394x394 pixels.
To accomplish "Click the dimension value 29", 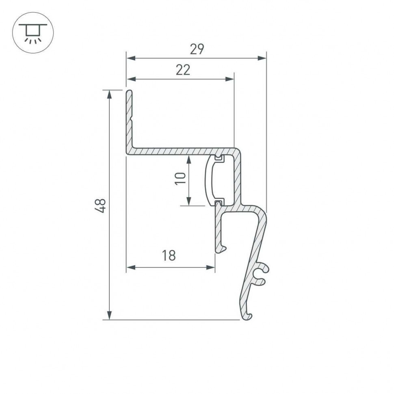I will pyautogui.click(x=197, y=49).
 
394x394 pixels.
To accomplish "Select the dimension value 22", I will pyautogui.click(x=183, y=70).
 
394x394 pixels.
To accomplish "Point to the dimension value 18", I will pyautogui.click(x=169, y=256).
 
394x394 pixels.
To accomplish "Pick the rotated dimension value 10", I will pyautogui.click(x=180, y=178).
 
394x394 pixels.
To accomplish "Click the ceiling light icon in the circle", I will pyautogui.click(x=33, y=32).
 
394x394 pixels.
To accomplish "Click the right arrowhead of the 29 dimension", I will pyautogui.click(x=262, y=58).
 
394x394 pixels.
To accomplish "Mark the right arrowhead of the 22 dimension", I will pyautogui.click(x=230, y=80).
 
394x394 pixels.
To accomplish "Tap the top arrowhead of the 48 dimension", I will pyautogui.click(x=109, y=94).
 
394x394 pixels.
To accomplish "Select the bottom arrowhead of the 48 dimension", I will pyautogui.click(x=109, y=315).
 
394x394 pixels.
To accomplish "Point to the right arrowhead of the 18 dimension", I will pyautogui.click(x=210, y=267).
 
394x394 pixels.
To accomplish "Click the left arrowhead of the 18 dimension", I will pyautogui.click(x=131, y=267).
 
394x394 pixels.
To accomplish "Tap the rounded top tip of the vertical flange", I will pyautogui.click(x=129, y=93).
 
